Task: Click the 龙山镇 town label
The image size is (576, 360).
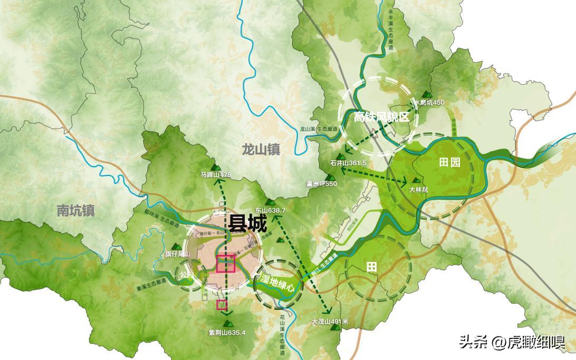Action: tap(261, 149)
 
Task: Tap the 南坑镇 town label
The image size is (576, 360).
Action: tap(75, 211)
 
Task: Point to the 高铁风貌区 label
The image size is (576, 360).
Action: tap(381, 117)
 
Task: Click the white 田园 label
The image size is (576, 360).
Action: tap(449, 162)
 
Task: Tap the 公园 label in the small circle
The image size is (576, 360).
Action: tap(187, 275)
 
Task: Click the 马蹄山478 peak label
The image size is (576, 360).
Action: tap(216, 174)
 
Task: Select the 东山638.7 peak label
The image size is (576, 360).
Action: tap(269, 210)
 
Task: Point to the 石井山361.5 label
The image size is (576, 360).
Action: tap(348, 163)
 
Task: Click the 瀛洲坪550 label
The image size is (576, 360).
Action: tap(321, 184)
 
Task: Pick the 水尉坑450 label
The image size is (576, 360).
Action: tap(429, 102)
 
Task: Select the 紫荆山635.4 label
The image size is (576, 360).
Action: tap(227, 332)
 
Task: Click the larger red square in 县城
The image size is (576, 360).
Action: tap(225, 263)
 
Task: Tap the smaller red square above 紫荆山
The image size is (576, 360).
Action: tap(222, 304)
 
